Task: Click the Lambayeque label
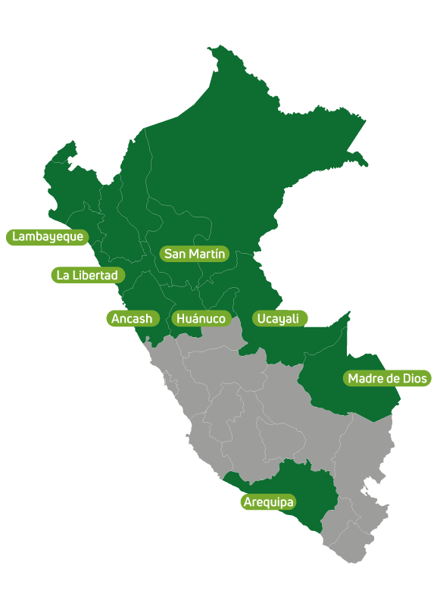[x=47, y=237]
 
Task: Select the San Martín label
[x=195, y=254]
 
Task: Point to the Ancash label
[x=132, y=319]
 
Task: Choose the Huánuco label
[x=201, y=319]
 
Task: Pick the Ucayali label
[x=278, y=319]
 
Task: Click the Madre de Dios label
[x=387, y=378]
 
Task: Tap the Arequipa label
[x=268, y=502]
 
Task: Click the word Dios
[x=414, y=378]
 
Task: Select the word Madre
[x=365, y=378]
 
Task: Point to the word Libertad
[x=95, y=275]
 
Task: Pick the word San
[x=175, y=254]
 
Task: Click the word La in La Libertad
[x=63, y=275]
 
